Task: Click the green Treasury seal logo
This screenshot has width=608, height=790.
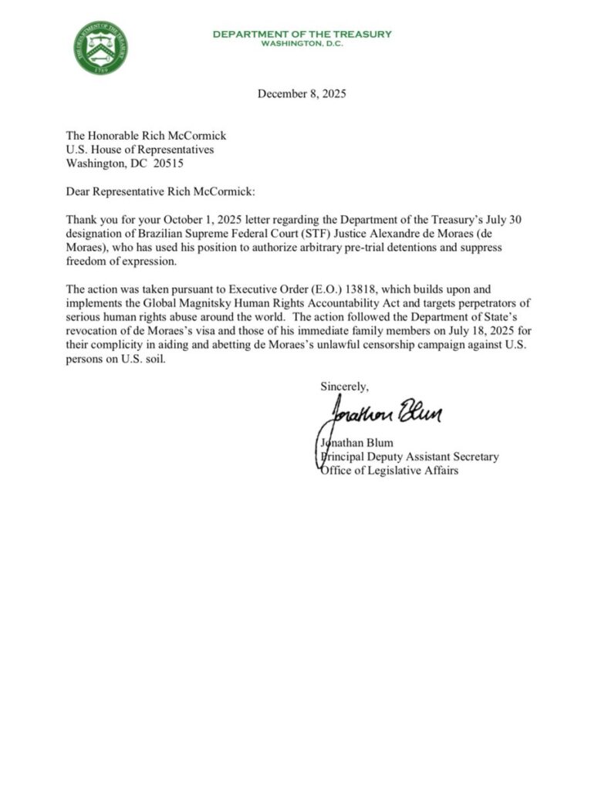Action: [102, 48]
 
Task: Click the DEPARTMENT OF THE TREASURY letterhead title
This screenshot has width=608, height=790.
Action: [302, 34]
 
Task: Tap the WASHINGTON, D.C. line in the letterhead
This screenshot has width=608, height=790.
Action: [302, 43]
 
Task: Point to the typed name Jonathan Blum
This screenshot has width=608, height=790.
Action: [357, 443]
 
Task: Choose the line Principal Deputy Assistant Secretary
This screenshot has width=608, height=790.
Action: [409, 457]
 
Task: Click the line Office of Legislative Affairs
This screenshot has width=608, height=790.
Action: [388, 471]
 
